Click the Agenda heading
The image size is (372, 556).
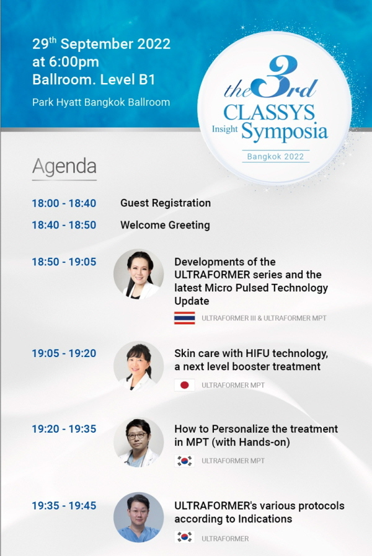[64, 167]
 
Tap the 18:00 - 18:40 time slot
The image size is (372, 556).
[64, 203]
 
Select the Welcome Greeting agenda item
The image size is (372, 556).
[165, 225]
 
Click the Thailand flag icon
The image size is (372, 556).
[184, 318]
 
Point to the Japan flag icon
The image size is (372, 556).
[184, 385]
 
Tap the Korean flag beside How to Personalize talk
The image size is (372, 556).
[184, 461]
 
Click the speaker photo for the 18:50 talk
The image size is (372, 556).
[139, 274]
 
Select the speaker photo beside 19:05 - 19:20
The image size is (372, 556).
[139, 366]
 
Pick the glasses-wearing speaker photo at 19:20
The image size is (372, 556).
[139, 442]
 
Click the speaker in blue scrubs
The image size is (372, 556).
[139, 518]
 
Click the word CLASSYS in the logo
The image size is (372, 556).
[269, 113]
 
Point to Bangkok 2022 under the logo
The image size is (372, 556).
[275, 157]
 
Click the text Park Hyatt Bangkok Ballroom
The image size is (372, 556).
[101, 102]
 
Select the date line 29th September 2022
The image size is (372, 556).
[102, 43]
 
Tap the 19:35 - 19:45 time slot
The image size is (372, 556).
[64, 506]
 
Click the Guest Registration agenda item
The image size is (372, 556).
[166, 203]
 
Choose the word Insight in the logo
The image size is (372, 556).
[225, 130]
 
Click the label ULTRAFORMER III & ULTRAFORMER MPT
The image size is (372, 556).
[264, 318]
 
